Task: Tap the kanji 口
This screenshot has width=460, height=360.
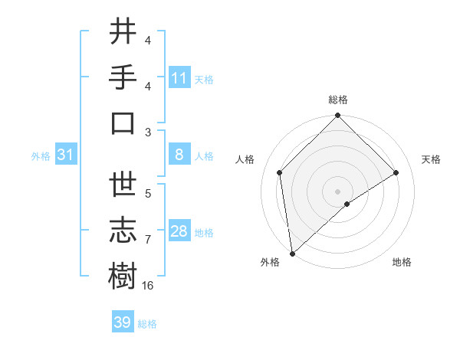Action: click(123, 123)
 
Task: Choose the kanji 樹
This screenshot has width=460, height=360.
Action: click(123, 275)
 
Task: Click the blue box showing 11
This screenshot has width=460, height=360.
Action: click(179, 77)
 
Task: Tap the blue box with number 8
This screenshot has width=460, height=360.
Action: click(179, 155)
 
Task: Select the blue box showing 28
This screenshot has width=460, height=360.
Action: click(179, 231)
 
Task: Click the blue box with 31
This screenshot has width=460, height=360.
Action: click(65, 155)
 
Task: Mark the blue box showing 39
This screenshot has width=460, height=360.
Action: click(123, 322)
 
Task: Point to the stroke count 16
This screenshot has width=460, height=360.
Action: click(148, 285)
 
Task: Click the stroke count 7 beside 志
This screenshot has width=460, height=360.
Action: click(148, 240)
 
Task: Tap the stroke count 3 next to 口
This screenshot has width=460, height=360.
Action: click(148, 132)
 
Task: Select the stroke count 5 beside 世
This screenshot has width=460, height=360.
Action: click(148, 194)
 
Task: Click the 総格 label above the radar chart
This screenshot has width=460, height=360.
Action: click(337, 100)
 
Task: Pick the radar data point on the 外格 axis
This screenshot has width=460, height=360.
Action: click(292, 253)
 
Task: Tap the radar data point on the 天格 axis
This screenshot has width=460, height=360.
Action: click(396, 172)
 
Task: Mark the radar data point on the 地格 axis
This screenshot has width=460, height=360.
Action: click(347, 204)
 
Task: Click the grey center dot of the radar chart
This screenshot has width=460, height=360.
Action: click(337, 191)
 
